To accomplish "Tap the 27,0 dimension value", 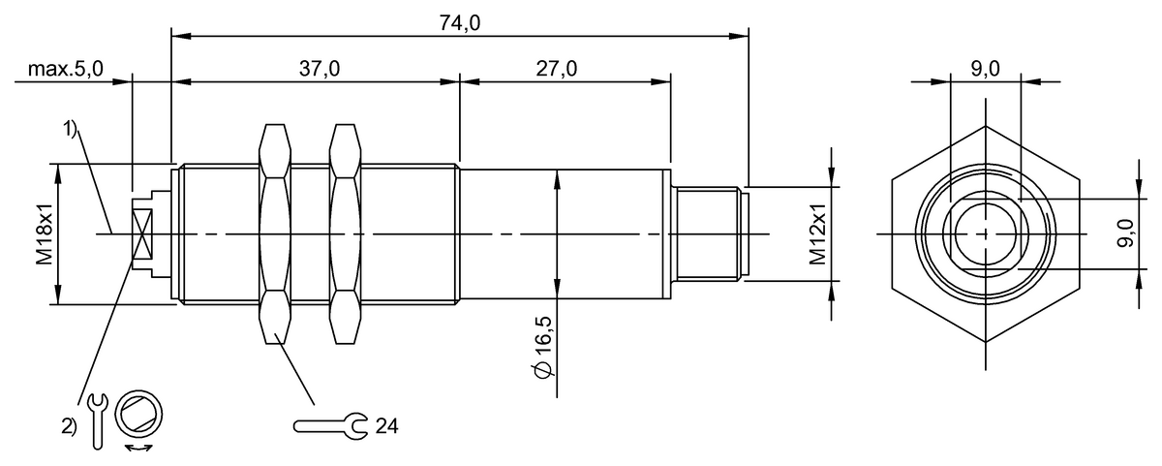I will tap(557, 69).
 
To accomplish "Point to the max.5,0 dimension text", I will tap(65, 69).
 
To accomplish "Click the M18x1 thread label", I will tap(45, 234).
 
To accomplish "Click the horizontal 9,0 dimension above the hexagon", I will tap(984, 69).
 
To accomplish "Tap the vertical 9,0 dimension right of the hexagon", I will tap(1124, 234).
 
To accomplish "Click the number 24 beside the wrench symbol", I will tap(387, 425).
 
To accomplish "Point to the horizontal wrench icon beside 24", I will tap(330, 425).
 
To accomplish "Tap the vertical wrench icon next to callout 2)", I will tap(96, 419).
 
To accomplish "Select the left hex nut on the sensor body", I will tap(275, 234).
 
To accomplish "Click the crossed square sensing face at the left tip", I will tap(141, 234).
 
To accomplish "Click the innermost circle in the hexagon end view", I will tap(985, 234).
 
